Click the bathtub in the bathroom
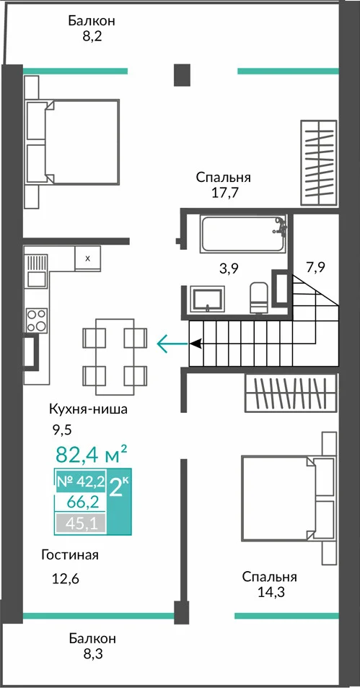[x=244, y=233]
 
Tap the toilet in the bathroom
[x=259, y=298]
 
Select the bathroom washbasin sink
[x=207, y=298]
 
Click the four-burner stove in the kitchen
[x=36, y=321]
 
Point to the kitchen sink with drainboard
[x=36, y=270]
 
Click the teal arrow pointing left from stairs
[x=172, y=344]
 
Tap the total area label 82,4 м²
[x=92, y=454]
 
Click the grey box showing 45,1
[x=80, y=523]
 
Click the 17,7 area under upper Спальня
[x=224, y=193]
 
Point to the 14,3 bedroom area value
[x=270, y=593]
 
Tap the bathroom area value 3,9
[x=229, y=269]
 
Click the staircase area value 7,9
[x=315, y=267]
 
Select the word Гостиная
[x=70, y=554]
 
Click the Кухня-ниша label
[x=88, y=410]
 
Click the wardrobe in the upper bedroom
[x=318, y=162]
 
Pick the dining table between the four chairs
[x=115, y=357]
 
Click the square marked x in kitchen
[x=87, y=258]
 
